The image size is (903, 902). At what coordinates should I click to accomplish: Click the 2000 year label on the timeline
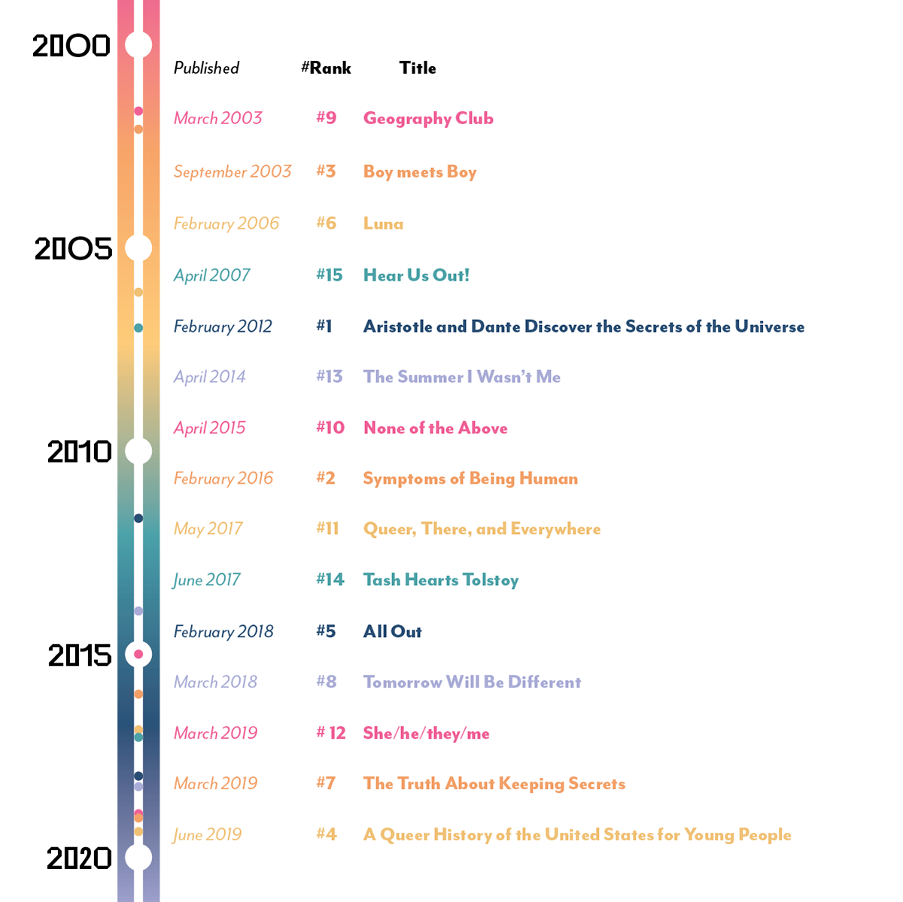71,46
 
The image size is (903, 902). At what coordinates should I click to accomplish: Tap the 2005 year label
73,248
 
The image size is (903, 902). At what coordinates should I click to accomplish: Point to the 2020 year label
79,858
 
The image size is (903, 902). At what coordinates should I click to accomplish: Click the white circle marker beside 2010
138,451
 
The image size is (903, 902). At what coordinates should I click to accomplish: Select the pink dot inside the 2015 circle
138,654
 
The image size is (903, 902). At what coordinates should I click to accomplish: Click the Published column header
206,68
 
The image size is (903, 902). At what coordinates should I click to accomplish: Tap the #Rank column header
326,68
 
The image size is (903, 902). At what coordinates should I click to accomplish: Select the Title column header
418,68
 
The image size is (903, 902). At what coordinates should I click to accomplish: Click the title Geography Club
428,118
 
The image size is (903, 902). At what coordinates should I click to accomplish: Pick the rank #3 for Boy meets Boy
326,171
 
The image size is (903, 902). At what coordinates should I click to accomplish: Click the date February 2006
226,223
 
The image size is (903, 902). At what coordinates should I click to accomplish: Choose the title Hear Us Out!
416,275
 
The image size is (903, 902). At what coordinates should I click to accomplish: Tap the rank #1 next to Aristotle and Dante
324,326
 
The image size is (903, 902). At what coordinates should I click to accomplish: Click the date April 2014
209,377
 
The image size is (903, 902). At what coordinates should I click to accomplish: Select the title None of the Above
435,428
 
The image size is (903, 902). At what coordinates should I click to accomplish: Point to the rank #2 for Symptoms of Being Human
326,478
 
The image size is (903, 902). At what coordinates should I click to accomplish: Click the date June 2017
206,580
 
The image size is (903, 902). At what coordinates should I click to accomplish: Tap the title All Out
392,631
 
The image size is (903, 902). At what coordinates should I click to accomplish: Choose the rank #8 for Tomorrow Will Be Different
326,682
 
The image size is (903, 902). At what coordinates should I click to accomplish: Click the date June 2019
207,834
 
